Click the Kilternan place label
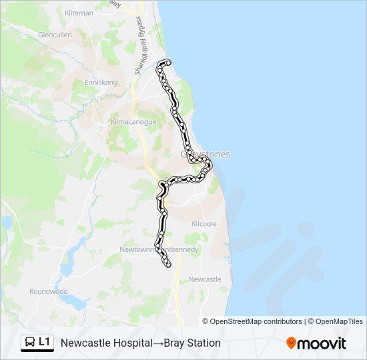(79, 13)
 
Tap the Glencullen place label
(55, 35)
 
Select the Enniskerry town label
(101, 83)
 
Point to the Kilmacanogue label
(133, 122)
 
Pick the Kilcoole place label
(204, 224)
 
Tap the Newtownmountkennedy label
(159, 249)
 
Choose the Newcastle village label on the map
(205, 279)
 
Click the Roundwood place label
(48, 291)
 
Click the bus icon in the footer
(30, 343)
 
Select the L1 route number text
(45, 342)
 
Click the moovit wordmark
(322, 343)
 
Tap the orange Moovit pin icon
(291, 343)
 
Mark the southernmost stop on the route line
(167, 265)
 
